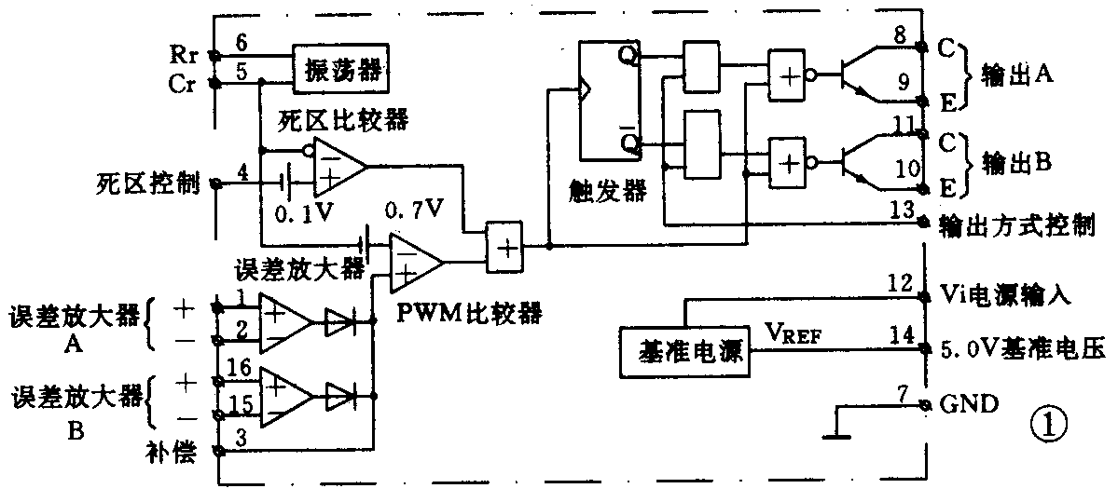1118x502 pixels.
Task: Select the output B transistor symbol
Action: click(858, 161)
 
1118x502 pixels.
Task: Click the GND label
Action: click(969, 405)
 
